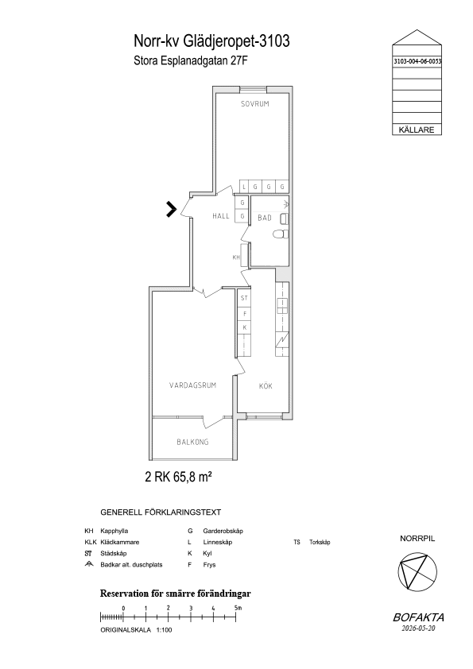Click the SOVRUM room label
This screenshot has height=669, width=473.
[255, 103]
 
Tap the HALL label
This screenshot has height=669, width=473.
[221, 216]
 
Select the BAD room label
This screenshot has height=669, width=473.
[265, 218]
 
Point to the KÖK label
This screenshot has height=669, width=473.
[266, 386]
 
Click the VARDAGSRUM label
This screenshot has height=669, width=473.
[192, 385]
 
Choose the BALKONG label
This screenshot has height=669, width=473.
[192, 442]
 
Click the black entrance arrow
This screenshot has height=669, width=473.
[171, 209]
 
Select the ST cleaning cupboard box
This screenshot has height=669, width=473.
[244, 298]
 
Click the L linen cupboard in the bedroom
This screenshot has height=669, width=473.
[244, 187]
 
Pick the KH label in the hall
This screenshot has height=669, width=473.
[236, 257]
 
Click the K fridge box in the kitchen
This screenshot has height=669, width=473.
[244, 327]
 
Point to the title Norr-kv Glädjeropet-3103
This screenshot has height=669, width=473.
[211, 41]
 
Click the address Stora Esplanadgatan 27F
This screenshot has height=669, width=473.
[191, 61]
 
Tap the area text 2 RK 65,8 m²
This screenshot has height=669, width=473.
[178, 477]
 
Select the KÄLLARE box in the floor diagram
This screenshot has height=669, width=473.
[417, 130]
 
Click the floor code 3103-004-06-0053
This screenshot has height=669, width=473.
[417, 61]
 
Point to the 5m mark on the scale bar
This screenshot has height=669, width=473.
[238, 608]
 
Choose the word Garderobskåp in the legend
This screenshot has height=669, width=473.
[223, 532]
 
